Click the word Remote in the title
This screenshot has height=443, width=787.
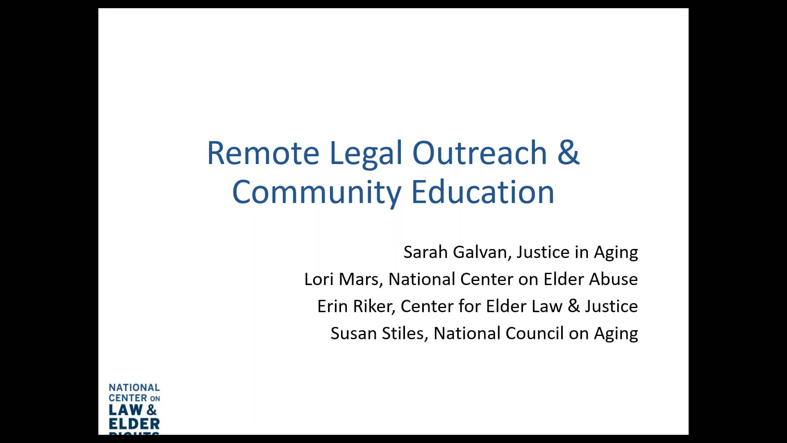[x=263, y=153]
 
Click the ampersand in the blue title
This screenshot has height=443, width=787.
[x=569, y=152]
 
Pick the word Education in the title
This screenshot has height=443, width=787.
[x=483, y=192]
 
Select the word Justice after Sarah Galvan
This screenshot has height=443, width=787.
[x=543, y=252]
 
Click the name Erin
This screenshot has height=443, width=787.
[x=332, y=306]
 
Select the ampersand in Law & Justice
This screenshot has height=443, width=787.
[x=574, y=306]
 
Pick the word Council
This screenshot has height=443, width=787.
[x=535, y=333]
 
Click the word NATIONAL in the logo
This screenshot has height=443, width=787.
[x=134, y=388]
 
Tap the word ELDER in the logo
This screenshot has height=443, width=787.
[x=134, y=424]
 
